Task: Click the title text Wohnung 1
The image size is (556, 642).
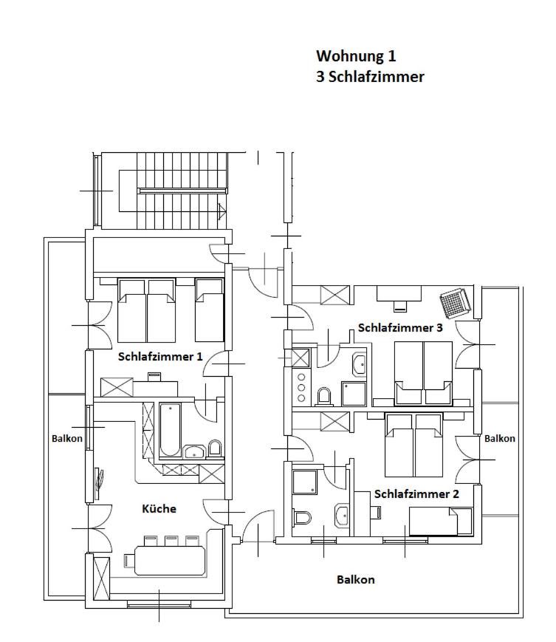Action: (356, 56)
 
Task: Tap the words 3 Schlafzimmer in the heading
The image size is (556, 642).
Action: (370, 77)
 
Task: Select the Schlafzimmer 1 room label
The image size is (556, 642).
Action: (160, 357)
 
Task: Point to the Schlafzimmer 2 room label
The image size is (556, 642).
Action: (416, 494)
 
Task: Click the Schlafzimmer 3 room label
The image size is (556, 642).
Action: (400, 328)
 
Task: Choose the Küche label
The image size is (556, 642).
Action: (159, 509)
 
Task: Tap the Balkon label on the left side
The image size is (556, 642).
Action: (66, 439)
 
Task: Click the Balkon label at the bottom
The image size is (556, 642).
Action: (355, 580)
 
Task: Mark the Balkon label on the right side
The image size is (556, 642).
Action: (500, 439)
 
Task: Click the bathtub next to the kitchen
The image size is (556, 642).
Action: (170, 429)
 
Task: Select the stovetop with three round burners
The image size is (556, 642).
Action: (301, 387)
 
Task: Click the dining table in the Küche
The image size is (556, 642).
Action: (169, 560)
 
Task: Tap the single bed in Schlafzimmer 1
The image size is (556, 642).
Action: (210, 310)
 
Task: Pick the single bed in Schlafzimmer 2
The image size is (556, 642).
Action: (441, 522)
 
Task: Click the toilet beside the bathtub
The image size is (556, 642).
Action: (215, 448)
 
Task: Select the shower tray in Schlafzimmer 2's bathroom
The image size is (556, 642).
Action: (305, 482)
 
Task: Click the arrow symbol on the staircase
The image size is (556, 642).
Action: (222, 211)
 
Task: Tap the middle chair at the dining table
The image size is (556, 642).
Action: (171, 541)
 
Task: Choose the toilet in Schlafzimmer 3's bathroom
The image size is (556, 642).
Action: (324, 396)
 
